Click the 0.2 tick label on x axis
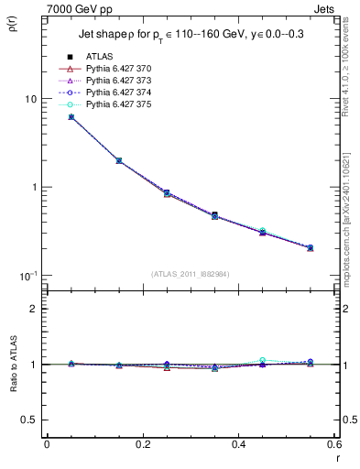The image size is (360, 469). click(x=143, y=445)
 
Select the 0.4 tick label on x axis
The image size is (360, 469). click(x=238, y=445)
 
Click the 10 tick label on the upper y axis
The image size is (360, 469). click(x=29, y=99)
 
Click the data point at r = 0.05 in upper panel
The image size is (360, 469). click(x=71, y=117)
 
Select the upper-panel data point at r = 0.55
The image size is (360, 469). click(x=310, y=247)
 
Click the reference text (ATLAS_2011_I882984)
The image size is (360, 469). click(x=191, y=274)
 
